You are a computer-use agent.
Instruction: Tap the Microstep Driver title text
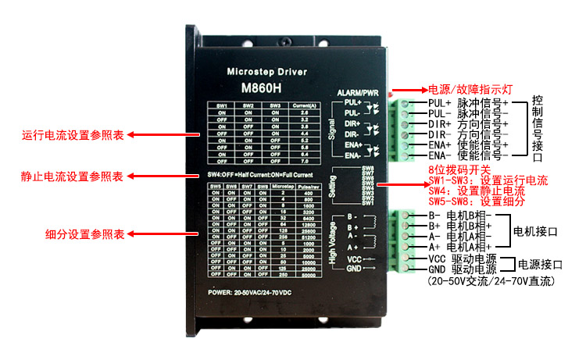tap(266, 72)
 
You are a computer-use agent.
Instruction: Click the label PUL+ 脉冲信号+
tap(468, 102)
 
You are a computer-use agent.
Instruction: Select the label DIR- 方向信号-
tap(468, 134)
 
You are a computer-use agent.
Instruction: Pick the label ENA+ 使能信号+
tap(468, 145)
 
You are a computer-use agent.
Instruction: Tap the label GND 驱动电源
tap(463, 269)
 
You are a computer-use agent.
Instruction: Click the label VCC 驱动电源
tap(463, 258)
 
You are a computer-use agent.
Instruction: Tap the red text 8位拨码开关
tap(463, 169)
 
